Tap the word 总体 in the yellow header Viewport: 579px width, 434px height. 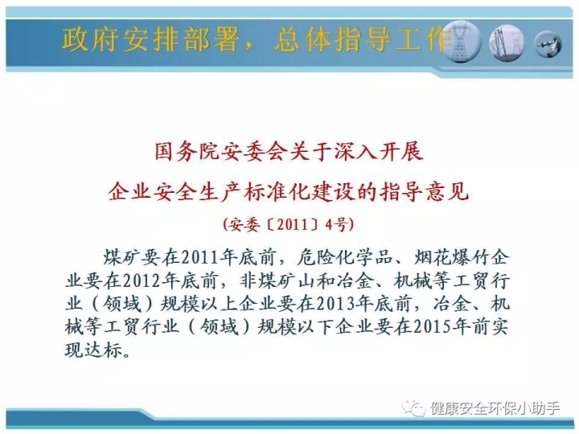[x=302, y=39]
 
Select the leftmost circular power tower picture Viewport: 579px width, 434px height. [x=461, y=42]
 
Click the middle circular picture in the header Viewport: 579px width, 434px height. [x=507, y=43]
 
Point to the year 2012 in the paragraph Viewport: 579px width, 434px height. [x=141, y=281]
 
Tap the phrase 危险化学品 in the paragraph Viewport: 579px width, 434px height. [x=344, y=258]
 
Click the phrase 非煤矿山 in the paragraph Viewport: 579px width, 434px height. [x=277, y=281]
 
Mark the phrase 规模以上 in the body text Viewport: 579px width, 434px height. [x=199, y=304]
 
